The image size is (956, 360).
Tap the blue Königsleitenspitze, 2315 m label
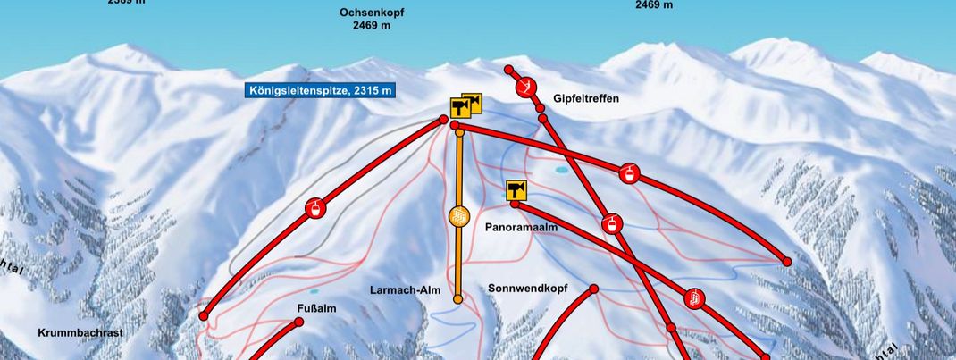(x=319, y=90)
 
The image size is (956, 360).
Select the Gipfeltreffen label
(x=586, y=98)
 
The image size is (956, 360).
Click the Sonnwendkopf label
(x=528, y=289)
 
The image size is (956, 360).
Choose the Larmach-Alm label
(x=400, y=290)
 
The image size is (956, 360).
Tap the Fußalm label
(x=316, y=309)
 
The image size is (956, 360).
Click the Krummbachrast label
(x=80, y=332)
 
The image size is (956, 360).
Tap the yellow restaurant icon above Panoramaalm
(x=516, y=189)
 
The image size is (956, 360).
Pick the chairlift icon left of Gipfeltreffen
(x=527, y=87)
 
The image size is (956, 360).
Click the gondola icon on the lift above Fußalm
(x=315, y=209)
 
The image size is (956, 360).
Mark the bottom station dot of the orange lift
(x=458, y=299)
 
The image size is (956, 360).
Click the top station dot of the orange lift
(x=459, y=132)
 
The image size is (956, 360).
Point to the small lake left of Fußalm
(x=313, y=291)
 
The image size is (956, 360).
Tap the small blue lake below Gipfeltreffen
(x=561, y=168)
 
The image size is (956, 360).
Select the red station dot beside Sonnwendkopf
(x=592, y=289)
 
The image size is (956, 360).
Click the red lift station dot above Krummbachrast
(x=204, y=315)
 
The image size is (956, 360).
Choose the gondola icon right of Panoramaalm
(x=613, y=223)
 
